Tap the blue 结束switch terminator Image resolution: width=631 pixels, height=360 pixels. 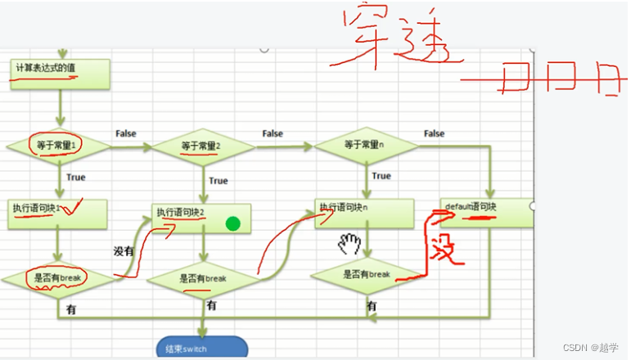[201, 349]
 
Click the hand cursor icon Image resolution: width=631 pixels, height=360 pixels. [351, 242]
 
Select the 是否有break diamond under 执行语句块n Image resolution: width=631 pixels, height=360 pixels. [366, 275]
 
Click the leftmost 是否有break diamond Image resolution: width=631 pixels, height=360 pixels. [59, 279]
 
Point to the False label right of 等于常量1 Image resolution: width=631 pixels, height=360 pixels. [126, 133]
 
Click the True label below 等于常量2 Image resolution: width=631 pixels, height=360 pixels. [219, 181]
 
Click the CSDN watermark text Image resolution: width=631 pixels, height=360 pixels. [588, 349]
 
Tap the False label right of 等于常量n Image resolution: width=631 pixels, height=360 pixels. [434, 133]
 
